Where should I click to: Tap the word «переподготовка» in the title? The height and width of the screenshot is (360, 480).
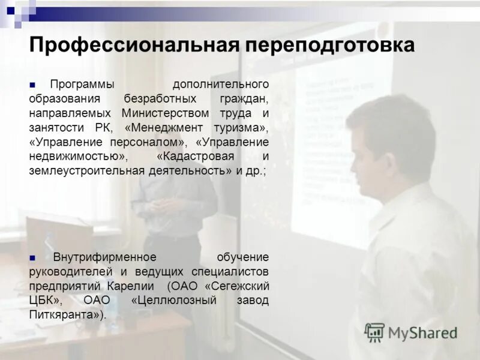point(328,46)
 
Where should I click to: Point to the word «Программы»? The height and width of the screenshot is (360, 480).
point(82,84)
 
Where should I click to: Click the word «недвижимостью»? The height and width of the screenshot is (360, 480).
point(77,156)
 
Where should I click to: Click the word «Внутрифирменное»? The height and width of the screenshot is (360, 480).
point(104,257)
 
